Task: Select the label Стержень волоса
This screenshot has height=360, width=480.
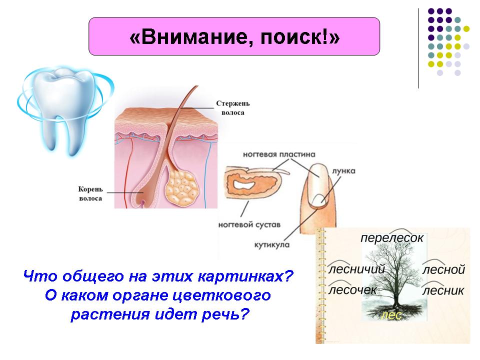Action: pyautogui.click(x=232, y=108)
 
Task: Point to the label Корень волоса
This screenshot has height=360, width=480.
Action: pyautogui.click(x=90, y=193)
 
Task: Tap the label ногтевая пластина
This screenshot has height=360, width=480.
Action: pyautogui.click(x=279, y=154)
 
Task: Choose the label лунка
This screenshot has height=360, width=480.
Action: pyautogui.click(x=344, y=171)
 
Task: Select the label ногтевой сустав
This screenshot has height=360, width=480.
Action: pyautogui.click(x=249, y=224)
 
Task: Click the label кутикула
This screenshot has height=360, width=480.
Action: pyautogui.click(x=272, y=245)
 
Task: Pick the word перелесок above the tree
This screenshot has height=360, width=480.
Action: pyautogui.click(x=392, y=238)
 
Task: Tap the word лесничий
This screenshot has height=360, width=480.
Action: pyautogui.click(x=356, y=269)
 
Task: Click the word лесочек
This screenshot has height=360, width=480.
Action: pyautogui.click(x=352, y=290)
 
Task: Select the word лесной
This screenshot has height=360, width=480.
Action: pyautogui.click(x=443, y=269)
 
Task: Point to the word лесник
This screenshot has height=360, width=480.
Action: pyautogui.click(x=443, y=290)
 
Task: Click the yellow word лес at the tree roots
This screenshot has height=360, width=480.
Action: pyautogui.click(x=391, y=315)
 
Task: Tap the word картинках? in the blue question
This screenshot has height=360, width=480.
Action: pyautogui.click(x=245, y=276)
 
